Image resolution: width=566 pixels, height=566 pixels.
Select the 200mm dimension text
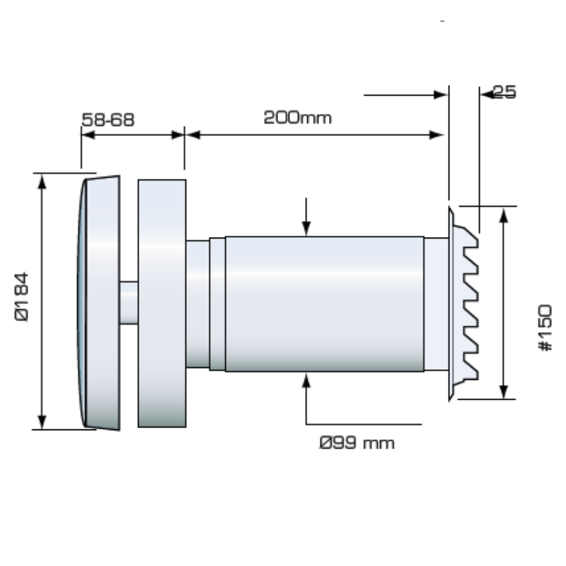[x=297, y=117]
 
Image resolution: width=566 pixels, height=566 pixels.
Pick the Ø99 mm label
[x=357, y=444]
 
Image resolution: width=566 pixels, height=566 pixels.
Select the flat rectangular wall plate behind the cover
[x=162, y=303]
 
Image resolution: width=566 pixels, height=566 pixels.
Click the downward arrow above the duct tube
[x=306, y=227]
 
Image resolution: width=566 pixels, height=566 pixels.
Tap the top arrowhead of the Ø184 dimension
[x=42, y=180]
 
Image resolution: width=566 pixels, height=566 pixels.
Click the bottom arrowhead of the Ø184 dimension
[x=42, y=422]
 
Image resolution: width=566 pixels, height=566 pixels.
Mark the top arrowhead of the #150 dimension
[x=503, y=214]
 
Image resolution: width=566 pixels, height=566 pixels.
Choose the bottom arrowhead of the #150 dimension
[x=503, y=392]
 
